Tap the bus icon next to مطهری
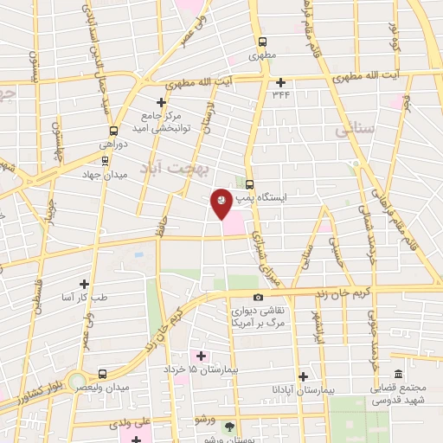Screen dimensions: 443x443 pyautogui.click(x=261, y=41)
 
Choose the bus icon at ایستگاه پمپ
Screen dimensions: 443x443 pyautogui.click(x=250, y=183)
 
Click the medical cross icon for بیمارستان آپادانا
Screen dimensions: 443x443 pyautogui.click(x=303, y=376)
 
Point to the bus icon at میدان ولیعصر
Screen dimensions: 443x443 pyautogui.click(x=103, y=374)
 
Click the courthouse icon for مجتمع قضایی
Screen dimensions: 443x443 pyautogui.click(x=398, y=374)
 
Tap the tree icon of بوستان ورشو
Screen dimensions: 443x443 pyautogui.click(x=228, y=427)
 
